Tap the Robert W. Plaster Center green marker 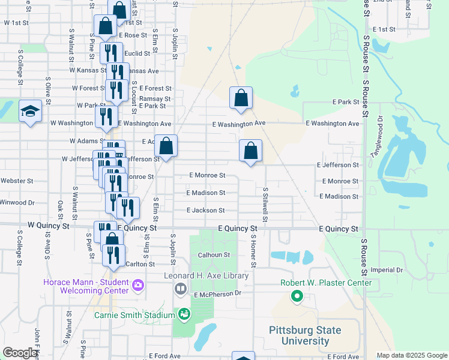(x=296, y=296)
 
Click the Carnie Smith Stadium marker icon (x=184, y=314)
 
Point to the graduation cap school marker (x=30, y=112)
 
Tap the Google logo (x=20, y=353)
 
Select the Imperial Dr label (x=387, y=270)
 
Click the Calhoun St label (x=214, y=255)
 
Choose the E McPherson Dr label (x=217, y=294)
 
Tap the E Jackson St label (x=205, y=211)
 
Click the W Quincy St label (x=49, y=226)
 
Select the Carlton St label (x=140, y=264)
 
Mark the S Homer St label (x=254, y=252)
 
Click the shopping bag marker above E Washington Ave (x=241, y=98)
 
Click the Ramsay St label (x=155, y=98)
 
